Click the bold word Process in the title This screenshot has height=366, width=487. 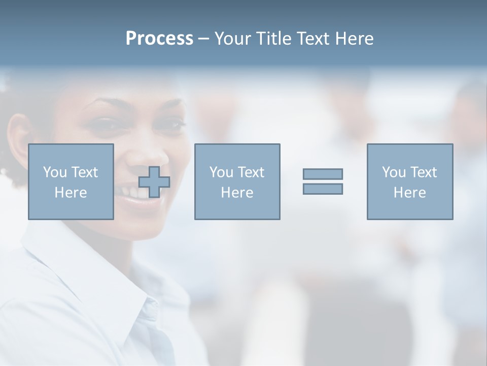pos(159,39)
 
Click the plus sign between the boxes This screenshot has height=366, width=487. pos(154,182)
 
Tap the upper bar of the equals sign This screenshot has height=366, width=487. pos(323,174)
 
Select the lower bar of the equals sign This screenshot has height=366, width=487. pos(323,189)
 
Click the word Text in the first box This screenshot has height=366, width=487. pos(84,172)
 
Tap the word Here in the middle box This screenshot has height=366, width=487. pos(237,193)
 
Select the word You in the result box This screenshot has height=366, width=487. pos(394,172)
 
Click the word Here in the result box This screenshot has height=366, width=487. pos(409,193)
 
